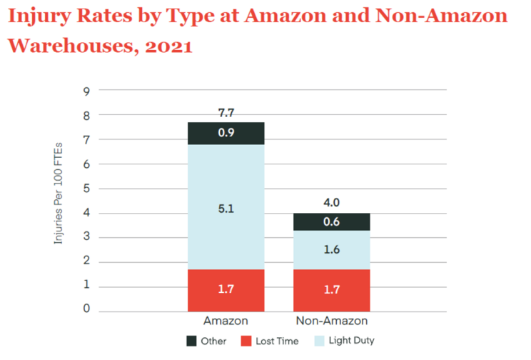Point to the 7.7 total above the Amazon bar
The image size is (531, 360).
click(226, 112)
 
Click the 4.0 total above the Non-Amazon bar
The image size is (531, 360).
click(331, 203)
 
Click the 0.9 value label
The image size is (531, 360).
click(226, 133)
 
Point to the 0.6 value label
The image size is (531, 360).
click(331, 222)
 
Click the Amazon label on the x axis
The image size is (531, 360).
click(226, 321)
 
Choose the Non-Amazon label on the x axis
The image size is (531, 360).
click(331, 321)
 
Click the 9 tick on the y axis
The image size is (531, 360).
click(86, 91)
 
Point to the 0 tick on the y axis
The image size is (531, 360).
click(86, 310)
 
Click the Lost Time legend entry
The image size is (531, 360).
click(272, 341)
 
